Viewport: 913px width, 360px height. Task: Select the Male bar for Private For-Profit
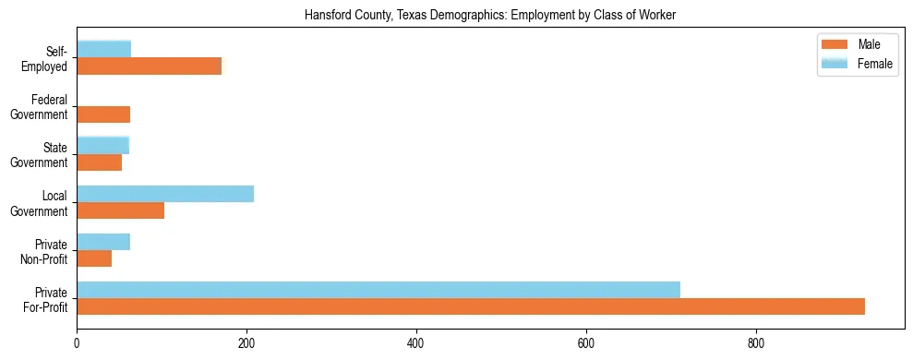(471, 306)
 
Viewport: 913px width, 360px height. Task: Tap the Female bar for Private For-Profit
(378, 290)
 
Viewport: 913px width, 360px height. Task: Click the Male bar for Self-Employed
(150, 66)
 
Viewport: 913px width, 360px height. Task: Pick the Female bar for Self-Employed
(103, 49)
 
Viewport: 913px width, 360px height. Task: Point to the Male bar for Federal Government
(103, 114)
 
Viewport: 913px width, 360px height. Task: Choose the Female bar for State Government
(102, 145)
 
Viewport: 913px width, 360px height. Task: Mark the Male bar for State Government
(99, 162)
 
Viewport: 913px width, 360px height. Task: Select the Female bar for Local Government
(165, 194)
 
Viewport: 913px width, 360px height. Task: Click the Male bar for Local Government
(120, 210)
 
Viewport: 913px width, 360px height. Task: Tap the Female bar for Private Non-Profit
(103, 242)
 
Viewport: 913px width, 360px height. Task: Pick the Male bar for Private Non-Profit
(94, 258)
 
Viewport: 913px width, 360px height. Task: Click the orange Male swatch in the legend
(835, 45)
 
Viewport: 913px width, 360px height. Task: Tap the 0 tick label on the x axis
(77, 343)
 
